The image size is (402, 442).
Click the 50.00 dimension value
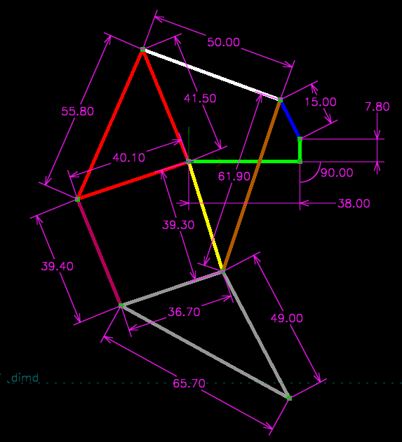223,42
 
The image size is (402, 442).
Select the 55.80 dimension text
77,111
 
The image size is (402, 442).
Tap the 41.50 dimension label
200,98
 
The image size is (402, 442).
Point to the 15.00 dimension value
321,102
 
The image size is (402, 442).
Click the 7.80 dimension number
377,106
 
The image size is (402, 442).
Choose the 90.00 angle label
337,173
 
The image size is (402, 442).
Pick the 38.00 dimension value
354,203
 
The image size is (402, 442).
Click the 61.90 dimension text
234,177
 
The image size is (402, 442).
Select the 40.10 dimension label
128,158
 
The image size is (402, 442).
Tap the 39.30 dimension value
178,225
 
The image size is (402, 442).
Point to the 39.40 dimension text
57,266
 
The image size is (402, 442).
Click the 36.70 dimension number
184,312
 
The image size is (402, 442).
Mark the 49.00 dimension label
286,318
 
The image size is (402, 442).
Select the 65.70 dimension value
189,383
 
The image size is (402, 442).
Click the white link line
211,75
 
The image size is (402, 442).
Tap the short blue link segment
290,119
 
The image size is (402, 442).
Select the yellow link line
206,216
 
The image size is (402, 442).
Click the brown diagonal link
252,186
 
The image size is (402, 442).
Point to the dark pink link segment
99,252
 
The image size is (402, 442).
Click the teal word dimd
25,378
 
